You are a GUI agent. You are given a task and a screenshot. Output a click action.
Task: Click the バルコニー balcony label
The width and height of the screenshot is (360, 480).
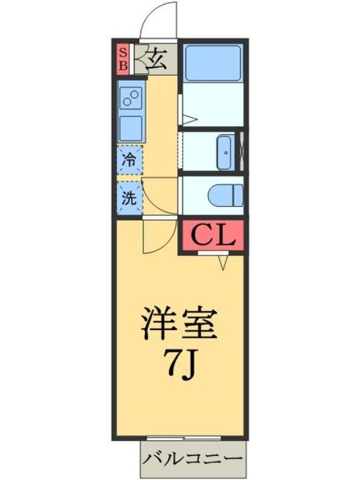pyautogui.click(x=193, y=461)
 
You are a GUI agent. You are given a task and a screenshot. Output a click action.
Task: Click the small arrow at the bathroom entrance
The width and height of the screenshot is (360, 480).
pyautogui.click(x=188, y=119)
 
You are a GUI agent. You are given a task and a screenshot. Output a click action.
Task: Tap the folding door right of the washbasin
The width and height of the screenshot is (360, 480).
pyautogui.click(x=242, y=152)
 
